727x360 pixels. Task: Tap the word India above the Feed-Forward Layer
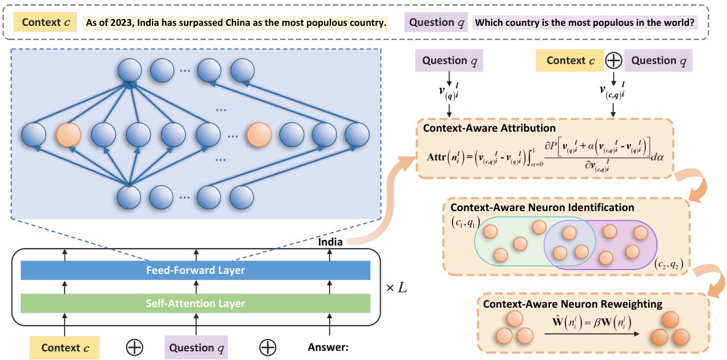330,242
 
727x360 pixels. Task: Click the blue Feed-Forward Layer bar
195,270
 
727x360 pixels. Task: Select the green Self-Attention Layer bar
195,303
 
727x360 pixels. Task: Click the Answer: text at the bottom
328,348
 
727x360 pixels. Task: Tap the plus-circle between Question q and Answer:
267,348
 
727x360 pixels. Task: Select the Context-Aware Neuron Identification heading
542,207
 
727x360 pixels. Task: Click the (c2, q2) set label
669,265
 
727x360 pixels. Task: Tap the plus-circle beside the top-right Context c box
614,60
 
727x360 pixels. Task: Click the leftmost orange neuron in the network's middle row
68,134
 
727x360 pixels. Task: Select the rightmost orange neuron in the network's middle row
259,134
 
